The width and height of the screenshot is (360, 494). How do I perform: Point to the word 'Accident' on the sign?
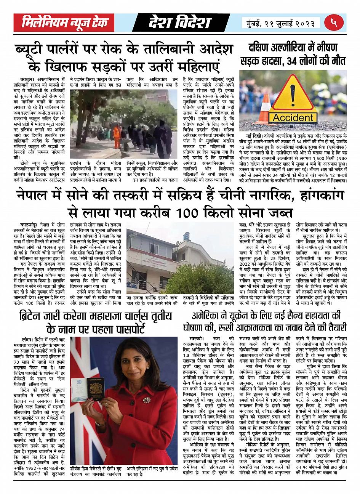[x=293, y=117]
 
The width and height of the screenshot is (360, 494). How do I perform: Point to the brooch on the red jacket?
[x=146, y=400]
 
